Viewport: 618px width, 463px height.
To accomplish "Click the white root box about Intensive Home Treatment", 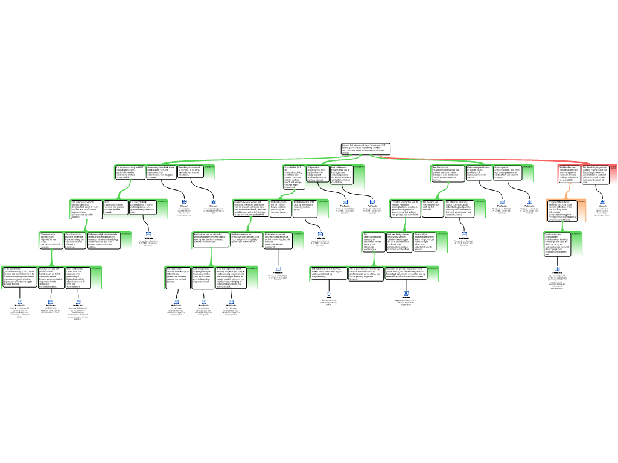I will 365,149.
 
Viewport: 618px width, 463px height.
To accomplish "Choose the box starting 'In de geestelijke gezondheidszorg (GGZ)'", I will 19,277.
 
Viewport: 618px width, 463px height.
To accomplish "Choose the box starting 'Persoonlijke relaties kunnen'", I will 429,239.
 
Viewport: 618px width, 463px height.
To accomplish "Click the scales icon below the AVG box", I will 329,294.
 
